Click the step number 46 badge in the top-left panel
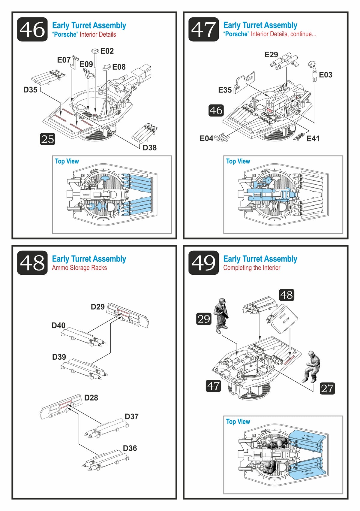click(x=32, y=29)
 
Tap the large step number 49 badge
click(x=203, y=263)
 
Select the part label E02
click(x=107, y=51)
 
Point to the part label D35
click(x=30, y=90)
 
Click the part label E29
click(x=271, y=55)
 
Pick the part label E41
click(x=313, y=139)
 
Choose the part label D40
click(x=58, y=325)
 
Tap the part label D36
click(x=130, y=448)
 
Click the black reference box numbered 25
click(x=47, y=139)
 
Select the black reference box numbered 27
click(x=327, y=389)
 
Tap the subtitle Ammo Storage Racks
click(x=79, y=268)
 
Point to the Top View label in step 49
click(x=238, y=422)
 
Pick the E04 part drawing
click(x=222, y=138)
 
